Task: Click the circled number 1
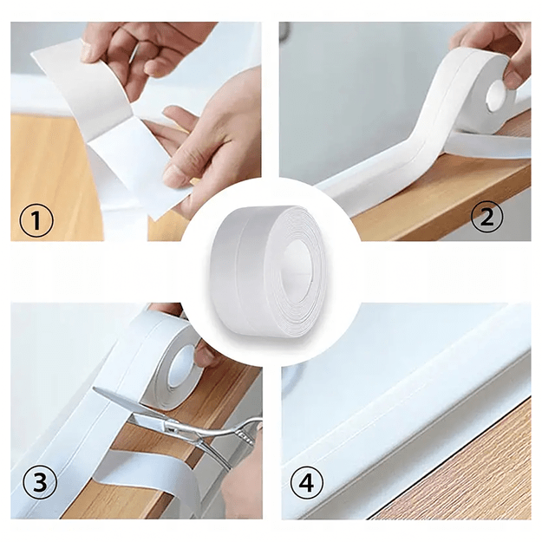click(x=36, y=220)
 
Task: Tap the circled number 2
click(x=487, y=217)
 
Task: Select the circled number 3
click(x=40, y=481)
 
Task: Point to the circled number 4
click(x=307, y=481)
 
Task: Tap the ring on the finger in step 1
click(x=134, y=53)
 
